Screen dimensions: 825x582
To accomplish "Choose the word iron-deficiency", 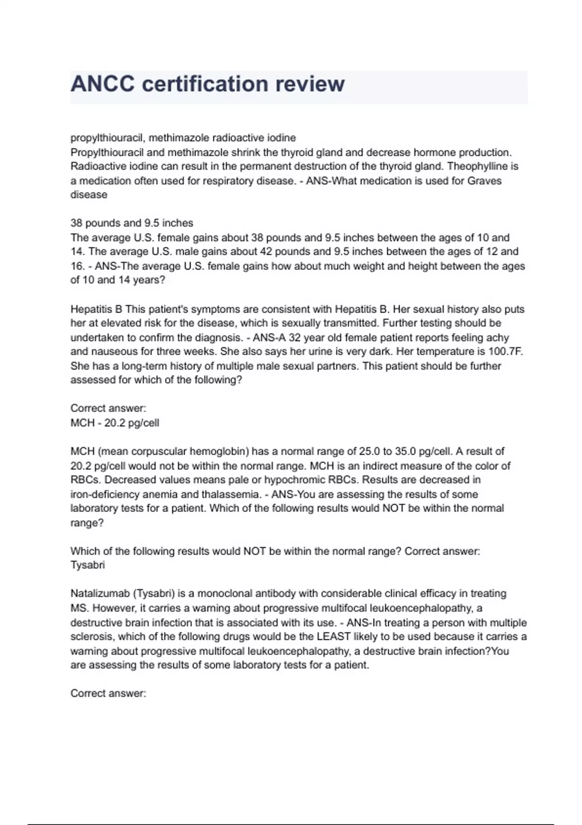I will (104, 495).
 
